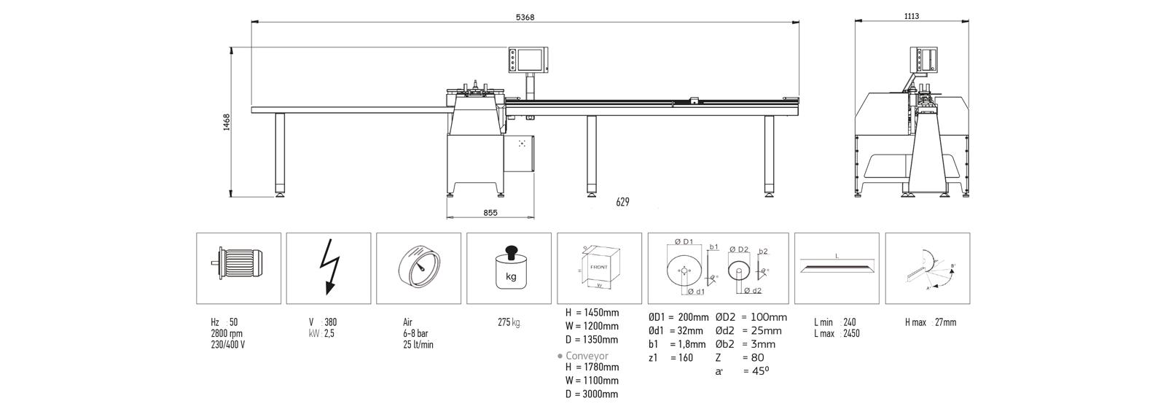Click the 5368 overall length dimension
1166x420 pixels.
click(524, 17)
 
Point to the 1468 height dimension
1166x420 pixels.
click(227, 121)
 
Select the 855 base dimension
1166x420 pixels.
click(490, 213)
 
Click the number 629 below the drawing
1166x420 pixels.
click(621, 202)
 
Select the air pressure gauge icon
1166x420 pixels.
click(418, 268)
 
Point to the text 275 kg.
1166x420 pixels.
click(509, 322)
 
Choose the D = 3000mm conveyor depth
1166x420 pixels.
click(592, 394)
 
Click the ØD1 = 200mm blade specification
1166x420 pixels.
click(678, 317)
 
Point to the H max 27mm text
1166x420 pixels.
click(931, 322)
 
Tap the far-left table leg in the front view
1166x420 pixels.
click(280, 153)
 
